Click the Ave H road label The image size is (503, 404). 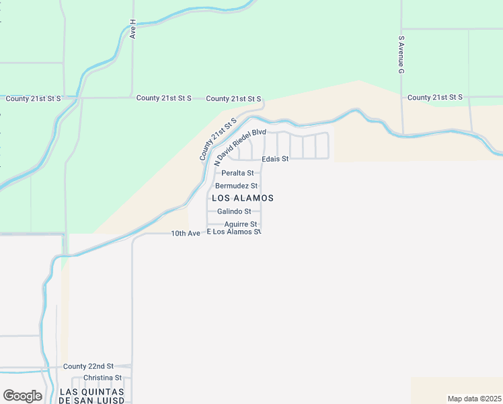point(133,29)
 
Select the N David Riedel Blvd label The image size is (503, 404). point(240,146)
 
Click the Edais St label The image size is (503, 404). point(275,159)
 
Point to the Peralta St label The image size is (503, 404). point(237,173)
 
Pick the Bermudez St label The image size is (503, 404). point(237,186)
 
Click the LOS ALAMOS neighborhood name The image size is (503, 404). point(243,198)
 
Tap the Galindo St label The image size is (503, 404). point(233,211)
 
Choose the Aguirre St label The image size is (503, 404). point(241,224)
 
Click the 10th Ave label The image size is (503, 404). point(186,233)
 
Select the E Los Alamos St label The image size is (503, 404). point(233,232)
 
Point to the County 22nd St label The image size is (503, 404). point(89,366)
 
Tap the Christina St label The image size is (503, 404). point(102,378)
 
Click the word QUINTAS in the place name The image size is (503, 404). point(106,391)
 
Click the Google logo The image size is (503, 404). point(22,396)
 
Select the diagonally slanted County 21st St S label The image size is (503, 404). point(219,138)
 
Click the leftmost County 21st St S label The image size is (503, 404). point(33,98)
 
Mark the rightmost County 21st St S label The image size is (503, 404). point(434,98)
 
